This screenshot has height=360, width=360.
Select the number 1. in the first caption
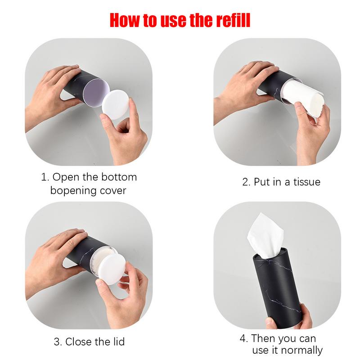click(45, 177)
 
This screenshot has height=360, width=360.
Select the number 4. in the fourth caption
click(243, 338)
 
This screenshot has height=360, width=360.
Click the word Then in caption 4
click(265, 338)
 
